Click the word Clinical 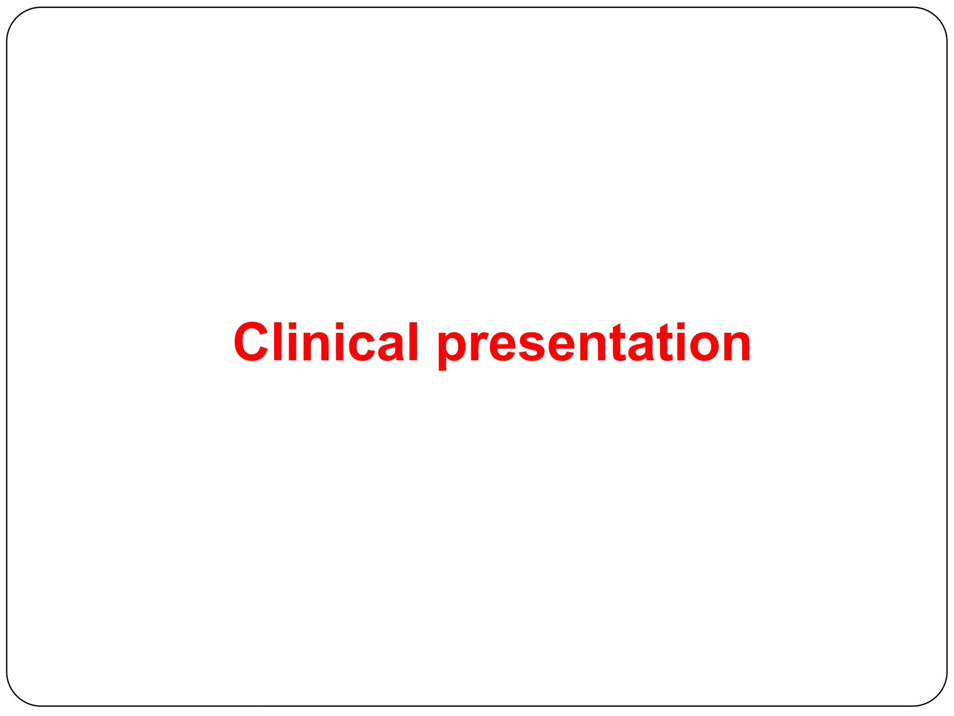(326, 342)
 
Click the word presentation (594, 345)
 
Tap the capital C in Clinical (251, 342)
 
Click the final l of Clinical (413, 342)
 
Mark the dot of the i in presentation (681, 325)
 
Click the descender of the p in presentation (443, 366)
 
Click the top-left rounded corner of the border (17, 18)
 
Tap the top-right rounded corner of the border (937, 18)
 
